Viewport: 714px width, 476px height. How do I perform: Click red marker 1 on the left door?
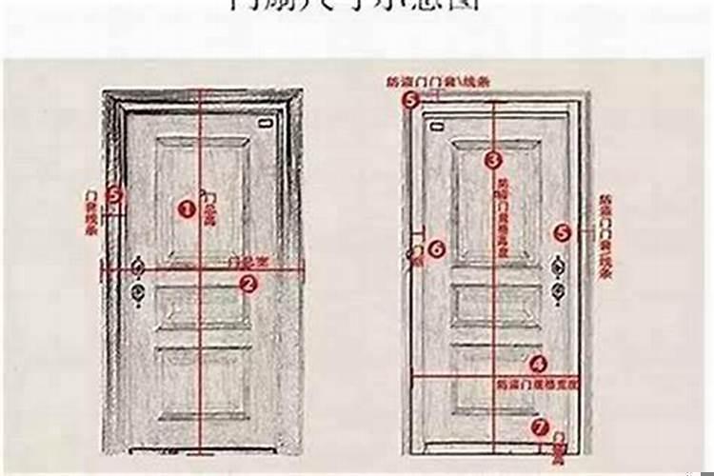[x=187, y=208]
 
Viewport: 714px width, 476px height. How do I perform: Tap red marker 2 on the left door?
[x=248, y=283]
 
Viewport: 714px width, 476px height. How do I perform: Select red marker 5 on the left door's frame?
[x=115, y=194]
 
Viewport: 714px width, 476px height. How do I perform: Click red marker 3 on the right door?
[x=492, y=160]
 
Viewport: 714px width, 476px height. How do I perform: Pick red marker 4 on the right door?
[x=538, y=363]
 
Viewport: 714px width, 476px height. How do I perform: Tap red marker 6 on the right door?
[x=436, y=248]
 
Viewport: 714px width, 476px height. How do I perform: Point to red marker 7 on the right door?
[x=540, y=427]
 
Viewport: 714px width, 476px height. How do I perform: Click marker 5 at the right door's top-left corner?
[x=410, y=98]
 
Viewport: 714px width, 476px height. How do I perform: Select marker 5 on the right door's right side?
[x=562, y=231]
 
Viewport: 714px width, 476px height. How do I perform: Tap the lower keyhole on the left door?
[x=138, y=293]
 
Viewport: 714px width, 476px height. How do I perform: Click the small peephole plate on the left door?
[x=264, y=126]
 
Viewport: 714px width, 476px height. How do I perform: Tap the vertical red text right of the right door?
[x=604, y=236]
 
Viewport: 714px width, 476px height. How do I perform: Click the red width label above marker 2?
[x=246, y=260]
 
